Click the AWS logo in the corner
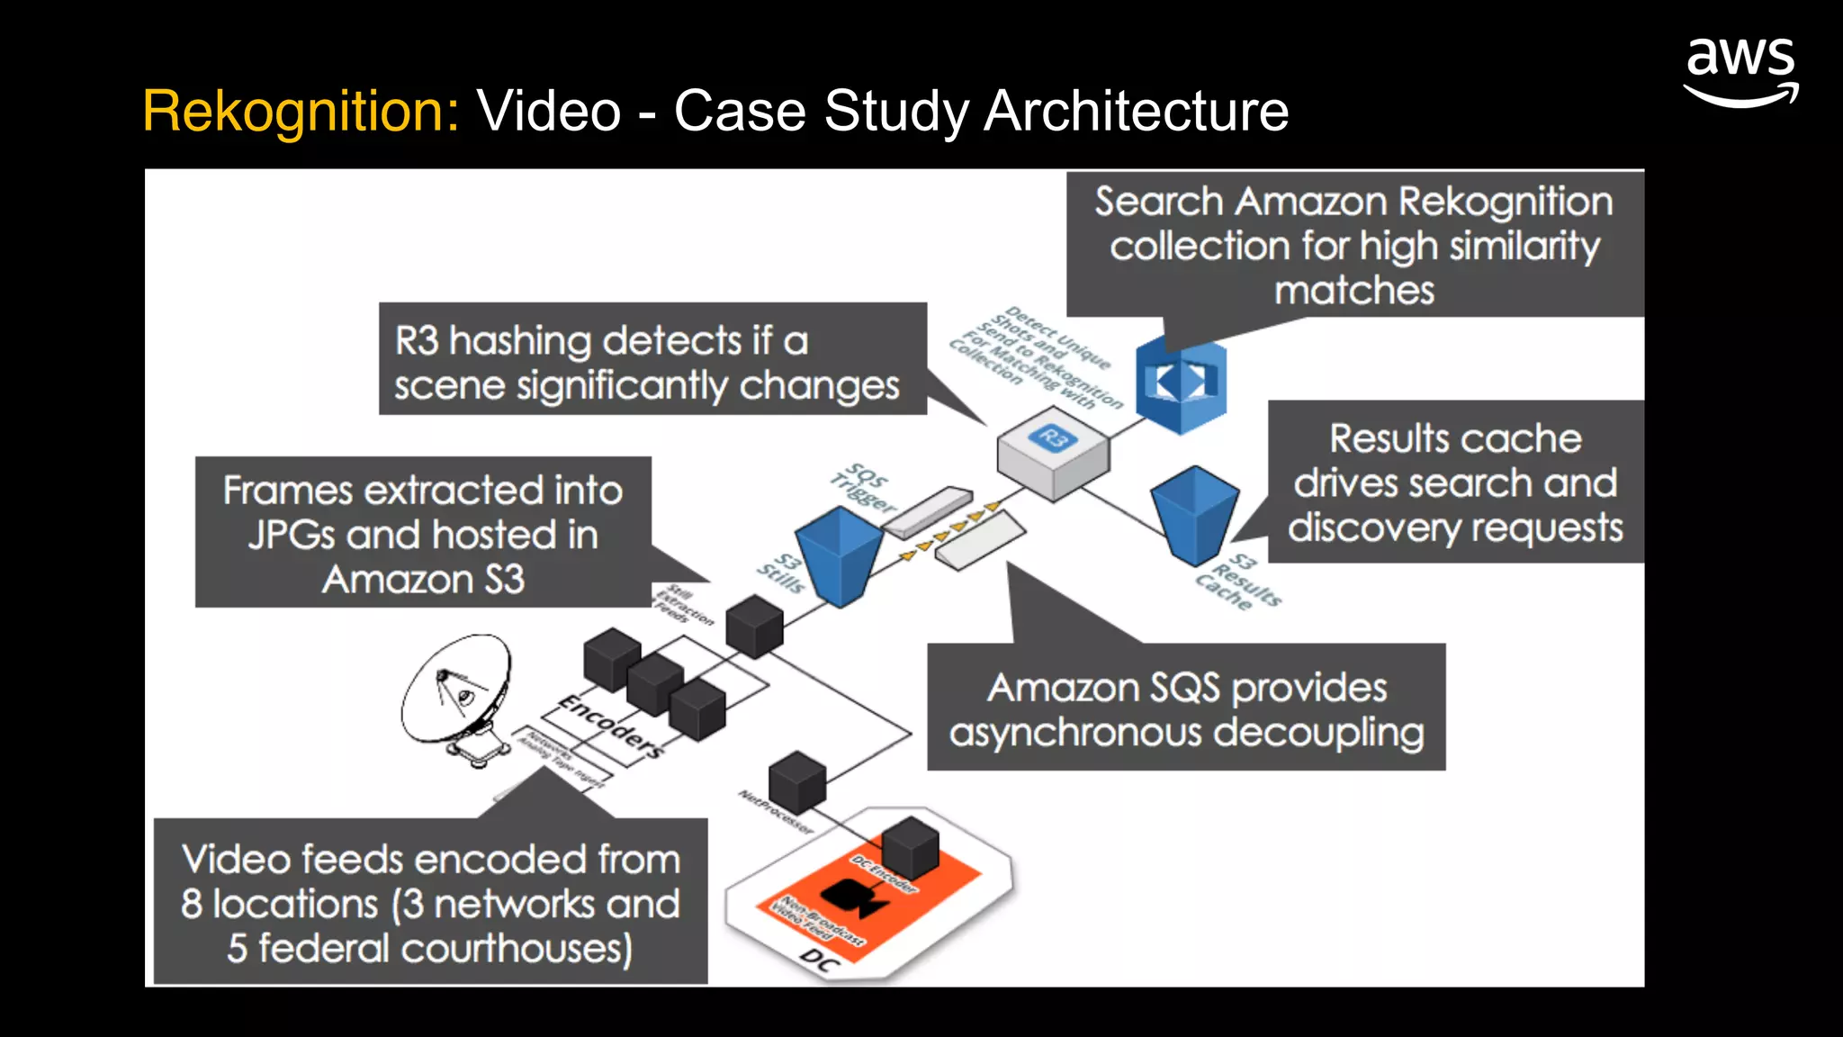tap(1740, 72)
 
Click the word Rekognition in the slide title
tap(301, 111)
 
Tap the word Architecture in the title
tap(1136, 111)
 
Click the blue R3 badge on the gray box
tap(1053, 438)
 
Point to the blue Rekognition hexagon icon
tap(1181, 383)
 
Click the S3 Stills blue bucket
tap(840, 555)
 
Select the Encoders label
tap(611, 726)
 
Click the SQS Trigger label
tap(863, 487)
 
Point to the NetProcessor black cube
tap(797, 780)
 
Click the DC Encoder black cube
tap(910, 846)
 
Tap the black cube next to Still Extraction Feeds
tap(754, 625)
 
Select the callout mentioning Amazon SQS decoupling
tap(1186, 708)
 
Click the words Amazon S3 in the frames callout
tap(423, 579)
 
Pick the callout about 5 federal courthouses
tap(430, 902)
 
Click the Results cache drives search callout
tap(1455, 482)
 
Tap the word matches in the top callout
tap(1353, 291)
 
